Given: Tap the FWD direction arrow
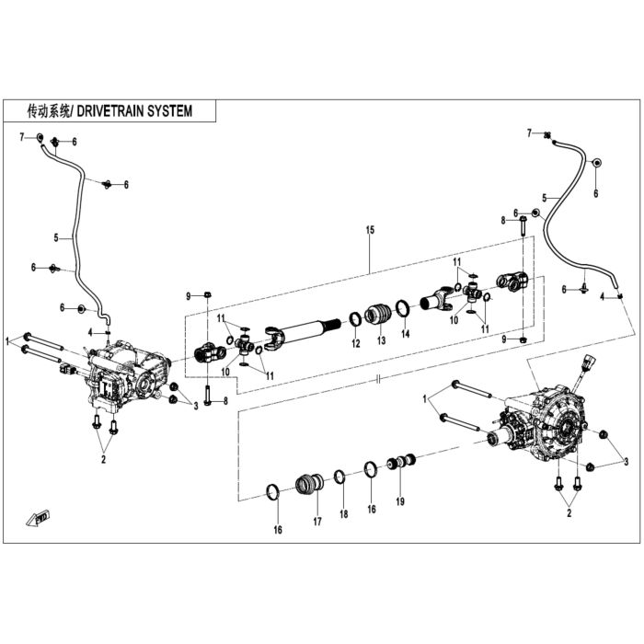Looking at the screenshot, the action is [39, 517].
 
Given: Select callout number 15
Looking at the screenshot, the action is [370, 230].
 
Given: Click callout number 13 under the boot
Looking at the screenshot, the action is [382, 340].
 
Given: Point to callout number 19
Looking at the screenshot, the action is [400, 501].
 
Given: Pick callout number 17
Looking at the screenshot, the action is [317, 522].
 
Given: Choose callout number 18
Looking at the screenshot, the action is [344, 513].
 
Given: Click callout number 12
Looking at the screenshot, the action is [356, 343].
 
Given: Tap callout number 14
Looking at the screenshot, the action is [406, 333].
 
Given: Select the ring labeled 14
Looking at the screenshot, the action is [403, 308].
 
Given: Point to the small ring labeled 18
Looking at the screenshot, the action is [339, 477].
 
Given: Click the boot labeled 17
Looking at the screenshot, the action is [309, 483].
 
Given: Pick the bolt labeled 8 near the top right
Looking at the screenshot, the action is [523, 225].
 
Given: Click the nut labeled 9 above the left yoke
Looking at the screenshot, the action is [207, 294].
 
